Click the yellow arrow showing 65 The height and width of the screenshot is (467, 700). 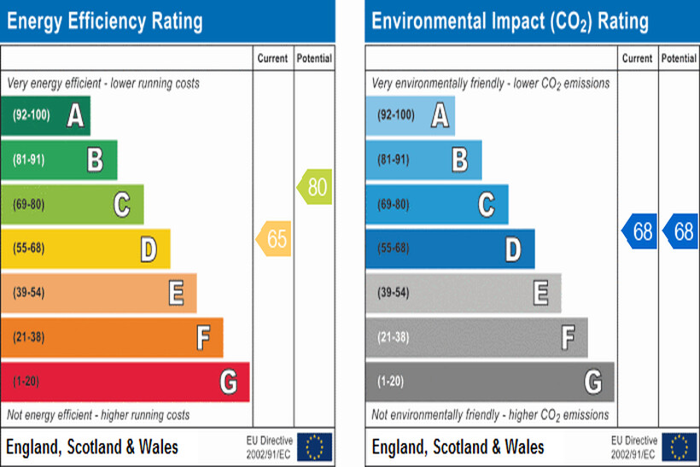click(274, 239)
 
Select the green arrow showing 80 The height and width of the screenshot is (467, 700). click(315, 186)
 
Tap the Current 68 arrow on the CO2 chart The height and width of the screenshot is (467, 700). click(639, 231)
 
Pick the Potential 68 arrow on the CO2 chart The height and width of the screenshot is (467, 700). click(680, 231)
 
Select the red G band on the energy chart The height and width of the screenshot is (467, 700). click(125, 382)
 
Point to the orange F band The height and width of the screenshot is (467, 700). click(111, 337)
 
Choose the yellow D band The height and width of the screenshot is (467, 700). click(85, 248)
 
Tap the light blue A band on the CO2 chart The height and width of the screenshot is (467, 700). click(410, 115)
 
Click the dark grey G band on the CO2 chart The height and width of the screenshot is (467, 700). click(489, 382)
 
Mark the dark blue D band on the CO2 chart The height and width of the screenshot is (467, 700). click(450, 248)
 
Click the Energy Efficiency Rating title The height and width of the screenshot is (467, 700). click(105, 20)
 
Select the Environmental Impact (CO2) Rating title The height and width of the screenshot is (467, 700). click(510, 20)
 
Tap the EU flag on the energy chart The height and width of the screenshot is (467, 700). click(314, 446)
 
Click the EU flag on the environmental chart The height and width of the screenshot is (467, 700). click(680, 446)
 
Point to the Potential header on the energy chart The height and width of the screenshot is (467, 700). click(314, 59)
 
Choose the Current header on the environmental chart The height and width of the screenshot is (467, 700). click(637, 59)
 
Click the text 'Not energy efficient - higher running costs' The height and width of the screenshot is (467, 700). click(99, 415)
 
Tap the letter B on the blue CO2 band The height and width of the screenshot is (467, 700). click(459, 160)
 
